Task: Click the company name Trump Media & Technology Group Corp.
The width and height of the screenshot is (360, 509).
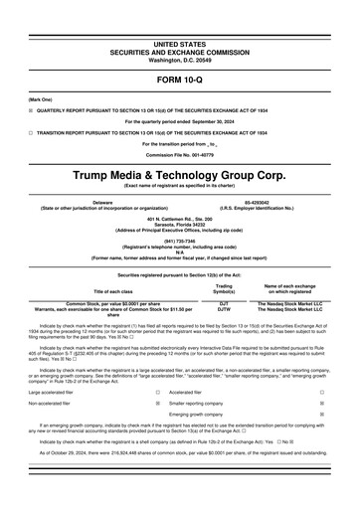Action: [x=179, y=174]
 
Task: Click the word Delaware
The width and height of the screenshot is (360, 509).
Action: [x=102, y=202]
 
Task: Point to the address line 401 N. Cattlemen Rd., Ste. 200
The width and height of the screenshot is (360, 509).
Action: [x=179, y=219]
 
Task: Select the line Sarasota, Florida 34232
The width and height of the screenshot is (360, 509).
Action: [x=179, y=225]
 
